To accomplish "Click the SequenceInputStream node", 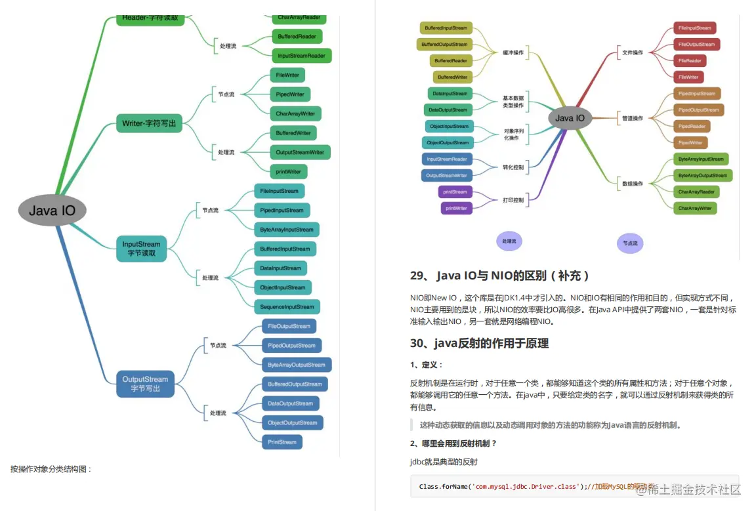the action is pyautogui.click(x=287, y=306).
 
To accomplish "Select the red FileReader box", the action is pyautogui.click(x=690, y=60).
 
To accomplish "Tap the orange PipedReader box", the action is pyautogui.click(x=692, y=126).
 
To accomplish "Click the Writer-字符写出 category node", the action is pyautogui.click(x=149, y=123).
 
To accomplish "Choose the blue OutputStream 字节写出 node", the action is pyautogui.click(x=145, y=384).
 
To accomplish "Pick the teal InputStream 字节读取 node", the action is pyautogui.click(x=141, y=248).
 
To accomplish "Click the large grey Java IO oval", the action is pyautogui.click(x=52, y=211).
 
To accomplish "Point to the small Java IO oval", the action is pyautogui.click(x=570, y=118).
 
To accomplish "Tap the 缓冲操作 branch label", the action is pyautogui.click(x=513, y=52).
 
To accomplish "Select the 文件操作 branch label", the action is pyautogui.click(x=633, y=52).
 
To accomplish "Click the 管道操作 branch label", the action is pyautogui.click(x=633, y=118).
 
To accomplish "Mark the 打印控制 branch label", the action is pyautogui.click(x=513, y=200).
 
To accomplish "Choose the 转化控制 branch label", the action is pyautogui.click(x=513, y=167).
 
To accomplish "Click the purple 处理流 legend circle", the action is pyautogui.click(x=509, y=241).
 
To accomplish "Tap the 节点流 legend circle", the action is pyautogui.click(x=630, y=243).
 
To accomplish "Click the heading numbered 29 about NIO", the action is pyautogui.click(x=499, y=276).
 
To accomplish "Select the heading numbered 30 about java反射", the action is pyautogui.click(x=479, y=343).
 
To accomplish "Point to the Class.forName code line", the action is pyautogui.click(x=499, y=487).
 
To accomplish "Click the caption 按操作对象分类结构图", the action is pyautogui.click(x=51, y=469).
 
